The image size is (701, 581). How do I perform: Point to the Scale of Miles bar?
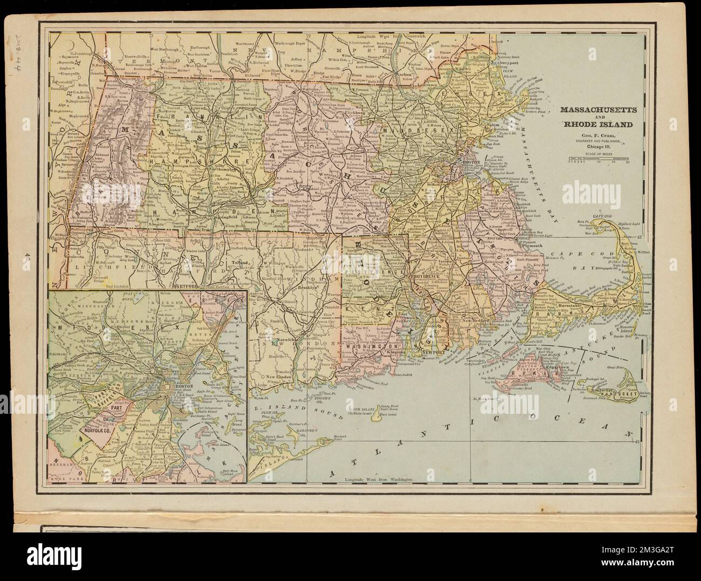coord(599,159)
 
